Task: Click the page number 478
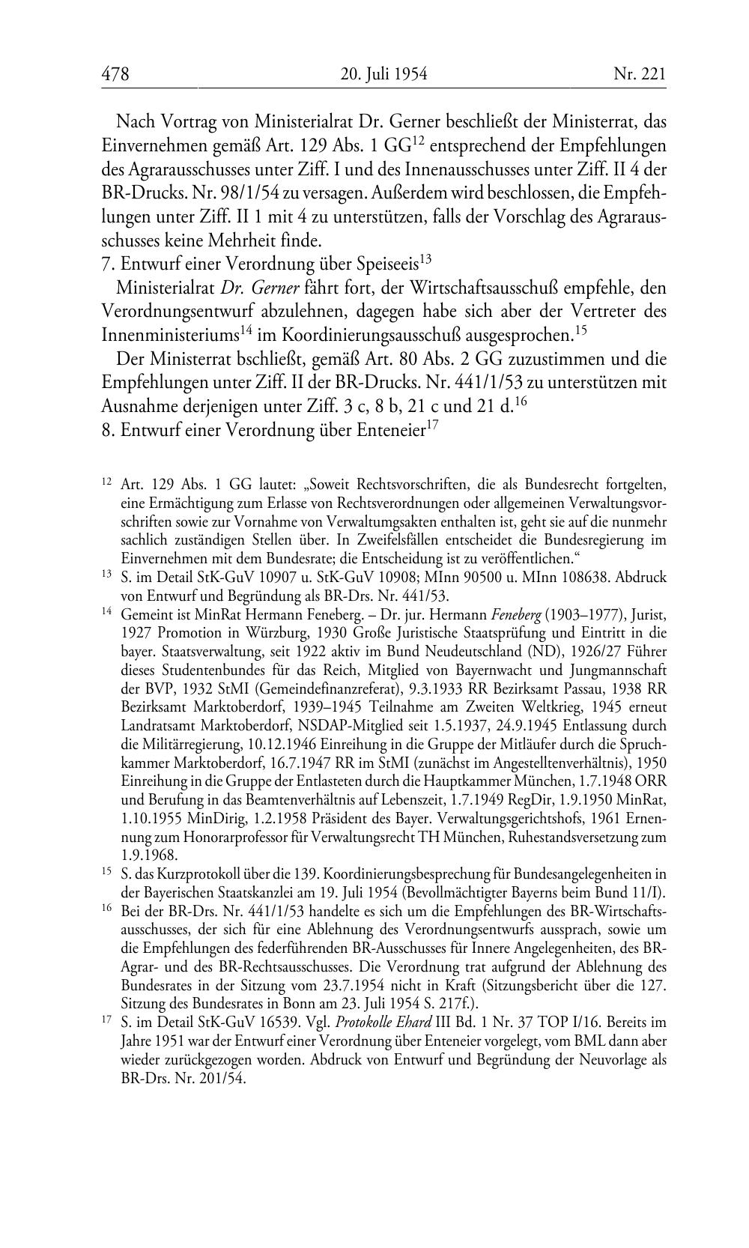pos(116,73)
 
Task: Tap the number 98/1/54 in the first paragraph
pos(244,193)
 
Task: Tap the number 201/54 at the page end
pos(222,1079)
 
